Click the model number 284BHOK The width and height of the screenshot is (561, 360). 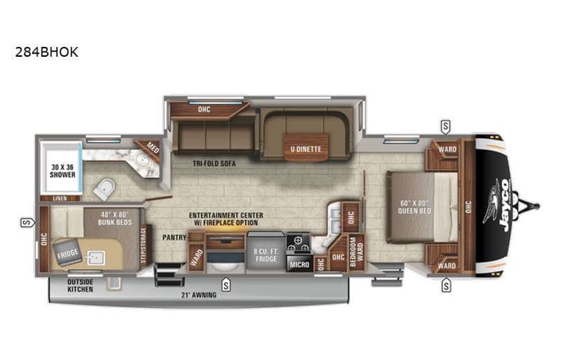[46, 53]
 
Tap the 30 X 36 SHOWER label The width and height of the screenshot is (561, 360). [63, 170]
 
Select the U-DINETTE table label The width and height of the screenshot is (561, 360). [305, 148]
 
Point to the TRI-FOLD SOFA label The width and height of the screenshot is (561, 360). [213, 163]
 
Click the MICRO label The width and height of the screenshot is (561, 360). [299, 264]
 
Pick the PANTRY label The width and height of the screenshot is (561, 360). [174, 237]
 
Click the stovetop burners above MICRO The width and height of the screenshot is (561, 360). [299, 243]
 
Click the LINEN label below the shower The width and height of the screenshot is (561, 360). [59, 198]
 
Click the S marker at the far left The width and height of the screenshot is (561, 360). [25, 223]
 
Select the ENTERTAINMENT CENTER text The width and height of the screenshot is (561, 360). [229, 216]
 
